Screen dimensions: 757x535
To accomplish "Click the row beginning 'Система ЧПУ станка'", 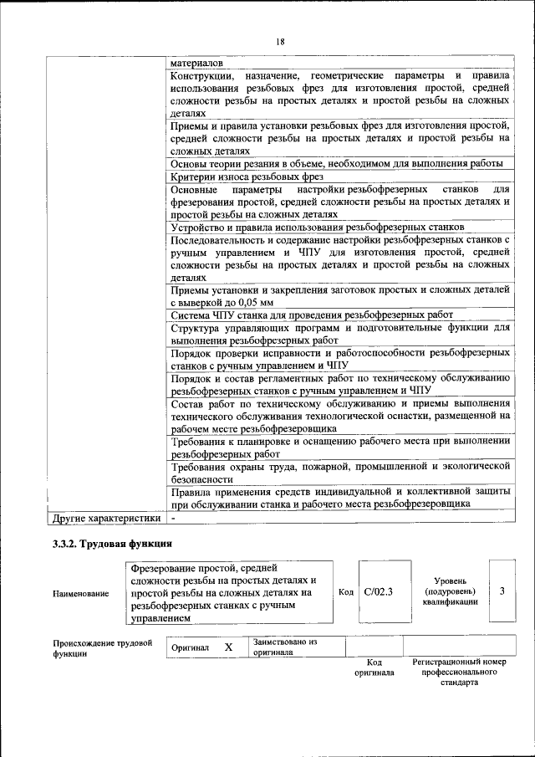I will (311, 316).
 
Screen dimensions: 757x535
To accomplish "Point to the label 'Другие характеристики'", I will (106, 519).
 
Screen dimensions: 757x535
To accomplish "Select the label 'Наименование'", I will (81, 593).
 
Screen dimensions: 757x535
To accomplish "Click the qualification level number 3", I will (502, 591).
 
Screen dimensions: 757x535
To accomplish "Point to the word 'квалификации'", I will (450, 601).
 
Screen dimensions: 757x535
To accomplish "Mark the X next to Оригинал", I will (227, 647).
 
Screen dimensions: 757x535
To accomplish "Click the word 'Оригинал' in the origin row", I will (190, 648).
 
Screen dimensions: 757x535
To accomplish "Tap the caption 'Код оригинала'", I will (374, 667).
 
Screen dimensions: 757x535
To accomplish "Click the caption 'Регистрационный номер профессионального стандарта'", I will (459, 672).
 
